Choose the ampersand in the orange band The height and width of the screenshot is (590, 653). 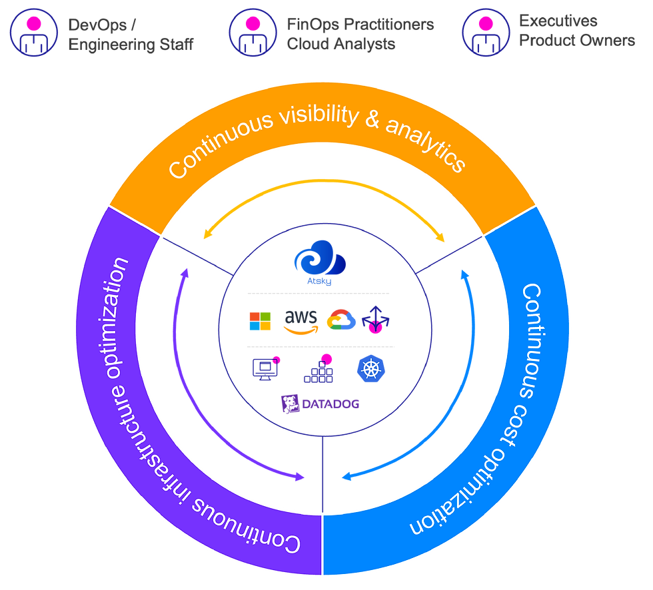click(x=374, y=123)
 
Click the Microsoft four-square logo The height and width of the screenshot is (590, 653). click(x=261, y=320)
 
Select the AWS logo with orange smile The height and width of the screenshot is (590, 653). click(x=297, y=320)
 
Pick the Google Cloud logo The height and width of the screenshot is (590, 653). click(x=340, y=320)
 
